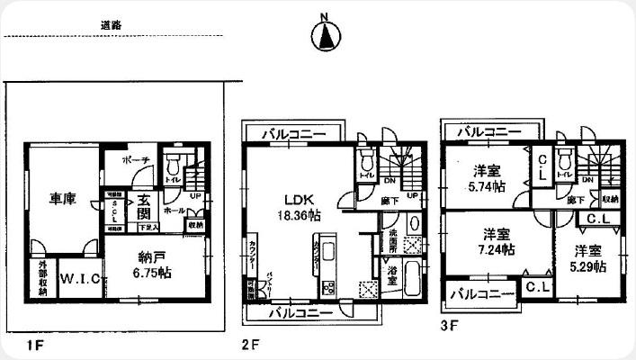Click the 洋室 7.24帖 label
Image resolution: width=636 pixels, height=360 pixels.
[497, 240]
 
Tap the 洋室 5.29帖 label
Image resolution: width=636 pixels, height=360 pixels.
[586, 258]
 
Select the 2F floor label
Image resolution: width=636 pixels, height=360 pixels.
[250, 344]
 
